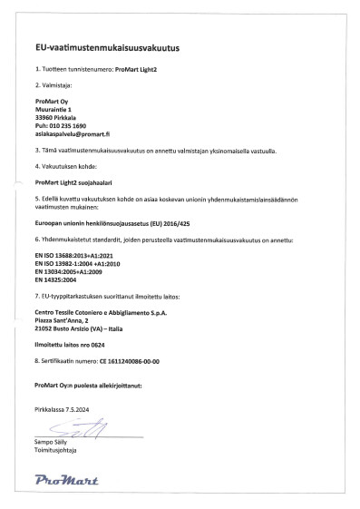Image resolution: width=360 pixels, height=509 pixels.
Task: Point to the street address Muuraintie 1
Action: [54, 109]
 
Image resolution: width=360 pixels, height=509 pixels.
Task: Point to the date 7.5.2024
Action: [75, 410]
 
